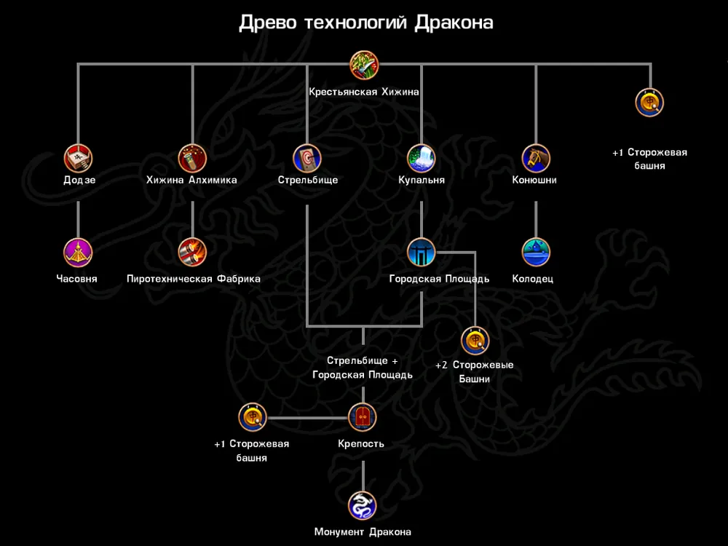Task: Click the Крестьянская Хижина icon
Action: tap(364, 65)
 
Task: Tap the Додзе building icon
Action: tap(79, 158)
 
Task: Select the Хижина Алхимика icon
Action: tap(192, 158)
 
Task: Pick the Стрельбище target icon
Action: tap(307, 158)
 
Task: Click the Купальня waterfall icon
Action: tap(422, 158)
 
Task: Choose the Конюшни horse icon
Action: tap(536, 158)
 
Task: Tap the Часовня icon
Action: tap(79, 253)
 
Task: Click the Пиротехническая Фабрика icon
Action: tap(192, 253)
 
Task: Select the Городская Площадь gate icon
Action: tap(422, 253)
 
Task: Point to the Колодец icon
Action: tap(536, 253)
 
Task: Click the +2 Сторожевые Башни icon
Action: tap(475, 341)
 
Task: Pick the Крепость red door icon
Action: tap(362, 418)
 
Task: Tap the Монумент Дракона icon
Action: tap(362, 505)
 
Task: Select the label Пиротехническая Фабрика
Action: tap(193, 279)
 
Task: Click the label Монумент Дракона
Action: tap(363, 532)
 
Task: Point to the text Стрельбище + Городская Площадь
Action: tap(363, 368)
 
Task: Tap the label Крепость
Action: tap(361, 444)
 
